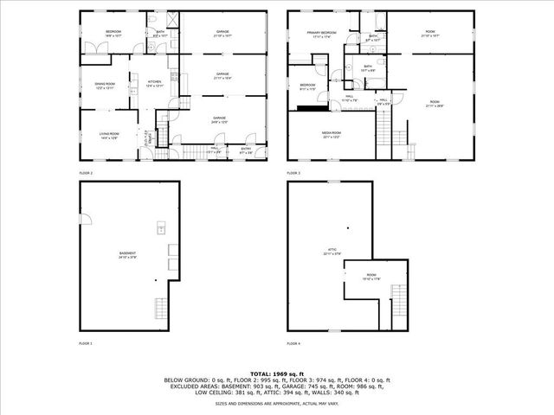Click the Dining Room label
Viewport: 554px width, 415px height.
coord(105,86)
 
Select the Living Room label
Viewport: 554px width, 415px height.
coord(109,136)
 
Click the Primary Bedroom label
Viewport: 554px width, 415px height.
coord(322,34)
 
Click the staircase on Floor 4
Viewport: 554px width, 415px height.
coord(398,297)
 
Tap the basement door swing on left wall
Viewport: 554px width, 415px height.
coord(87,215)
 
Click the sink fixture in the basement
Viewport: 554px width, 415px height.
coord(161,229)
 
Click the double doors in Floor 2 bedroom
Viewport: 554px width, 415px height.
coord(94,48)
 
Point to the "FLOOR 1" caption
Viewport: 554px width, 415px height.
coord(86,343)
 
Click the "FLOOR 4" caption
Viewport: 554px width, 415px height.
coord(293,343)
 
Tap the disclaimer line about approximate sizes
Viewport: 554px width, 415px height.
coord(276,404)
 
